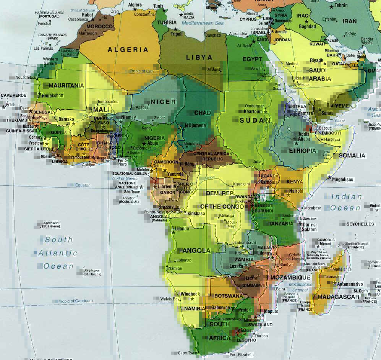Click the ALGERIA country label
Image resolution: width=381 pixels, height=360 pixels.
click(x=128, y=50)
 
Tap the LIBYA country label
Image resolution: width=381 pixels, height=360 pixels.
click(x=199, y=58)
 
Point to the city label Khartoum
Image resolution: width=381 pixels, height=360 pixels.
click(x=253, y=112)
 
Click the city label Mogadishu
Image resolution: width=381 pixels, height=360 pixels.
click(x=344, y=179)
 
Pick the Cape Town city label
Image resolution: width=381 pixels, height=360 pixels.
click(x=187, y=353)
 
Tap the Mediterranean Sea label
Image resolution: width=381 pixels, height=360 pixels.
click(x=203, y=23)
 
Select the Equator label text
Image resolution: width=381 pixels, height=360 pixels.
click(x=82, y=185)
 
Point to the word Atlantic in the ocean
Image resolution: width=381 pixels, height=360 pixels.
click(x=58, y=253)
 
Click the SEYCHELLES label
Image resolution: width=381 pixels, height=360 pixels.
click(x=360, y=224)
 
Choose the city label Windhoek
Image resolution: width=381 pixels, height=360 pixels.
click(x=190, y=294)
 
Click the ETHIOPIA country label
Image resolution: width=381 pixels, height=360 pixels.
click(x=303, y=151)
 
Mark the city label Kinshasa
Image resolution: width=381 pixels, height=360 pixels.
click(x=196, y=213)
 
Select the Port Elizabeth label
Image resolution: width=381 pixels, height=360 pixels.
click(x=242, y=355)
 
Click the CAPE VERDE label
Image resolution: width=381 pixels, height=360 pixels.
click(x=13, y=95)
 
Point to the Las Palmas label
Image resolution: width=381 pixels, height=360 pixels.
click(x=42, y=48)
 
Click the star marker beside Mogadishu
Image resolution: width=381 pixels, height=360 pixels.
click(x=329, y=177)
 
